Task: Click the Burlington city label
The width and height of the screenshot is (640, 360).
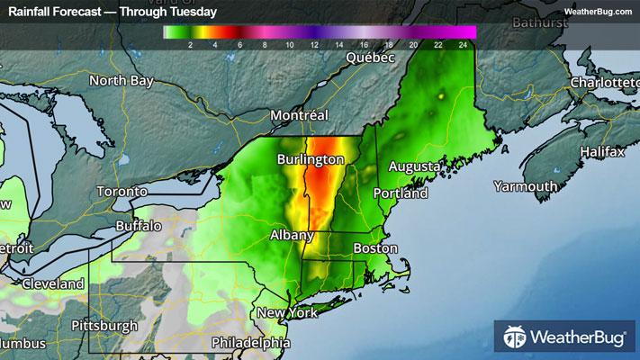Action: [311, 159]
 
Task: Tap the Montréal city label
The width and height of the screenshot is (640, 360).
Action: [300, 115]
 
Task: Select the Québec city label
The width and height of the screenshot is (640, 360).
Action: [372, 58]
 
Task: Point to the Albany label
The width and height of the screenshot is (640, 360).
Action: [293, 235]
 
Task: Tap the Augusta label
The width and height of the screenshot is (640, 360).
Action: [414, 167]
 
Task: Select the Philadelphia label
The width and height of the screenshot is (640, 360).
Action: [251, 343]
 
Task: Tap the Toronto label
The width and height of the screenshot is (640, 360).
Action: [122, 192]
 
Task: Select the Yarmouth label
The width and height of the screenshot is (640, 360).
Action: [525, 186]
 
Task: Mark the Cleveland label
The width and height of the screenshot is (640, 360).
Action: [54, 283]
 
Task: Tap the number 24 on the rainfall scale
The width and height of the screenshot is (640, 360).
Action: [462, 43]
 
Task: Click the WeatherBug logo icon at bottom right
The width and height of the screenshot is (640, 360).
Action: [515, 338]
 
